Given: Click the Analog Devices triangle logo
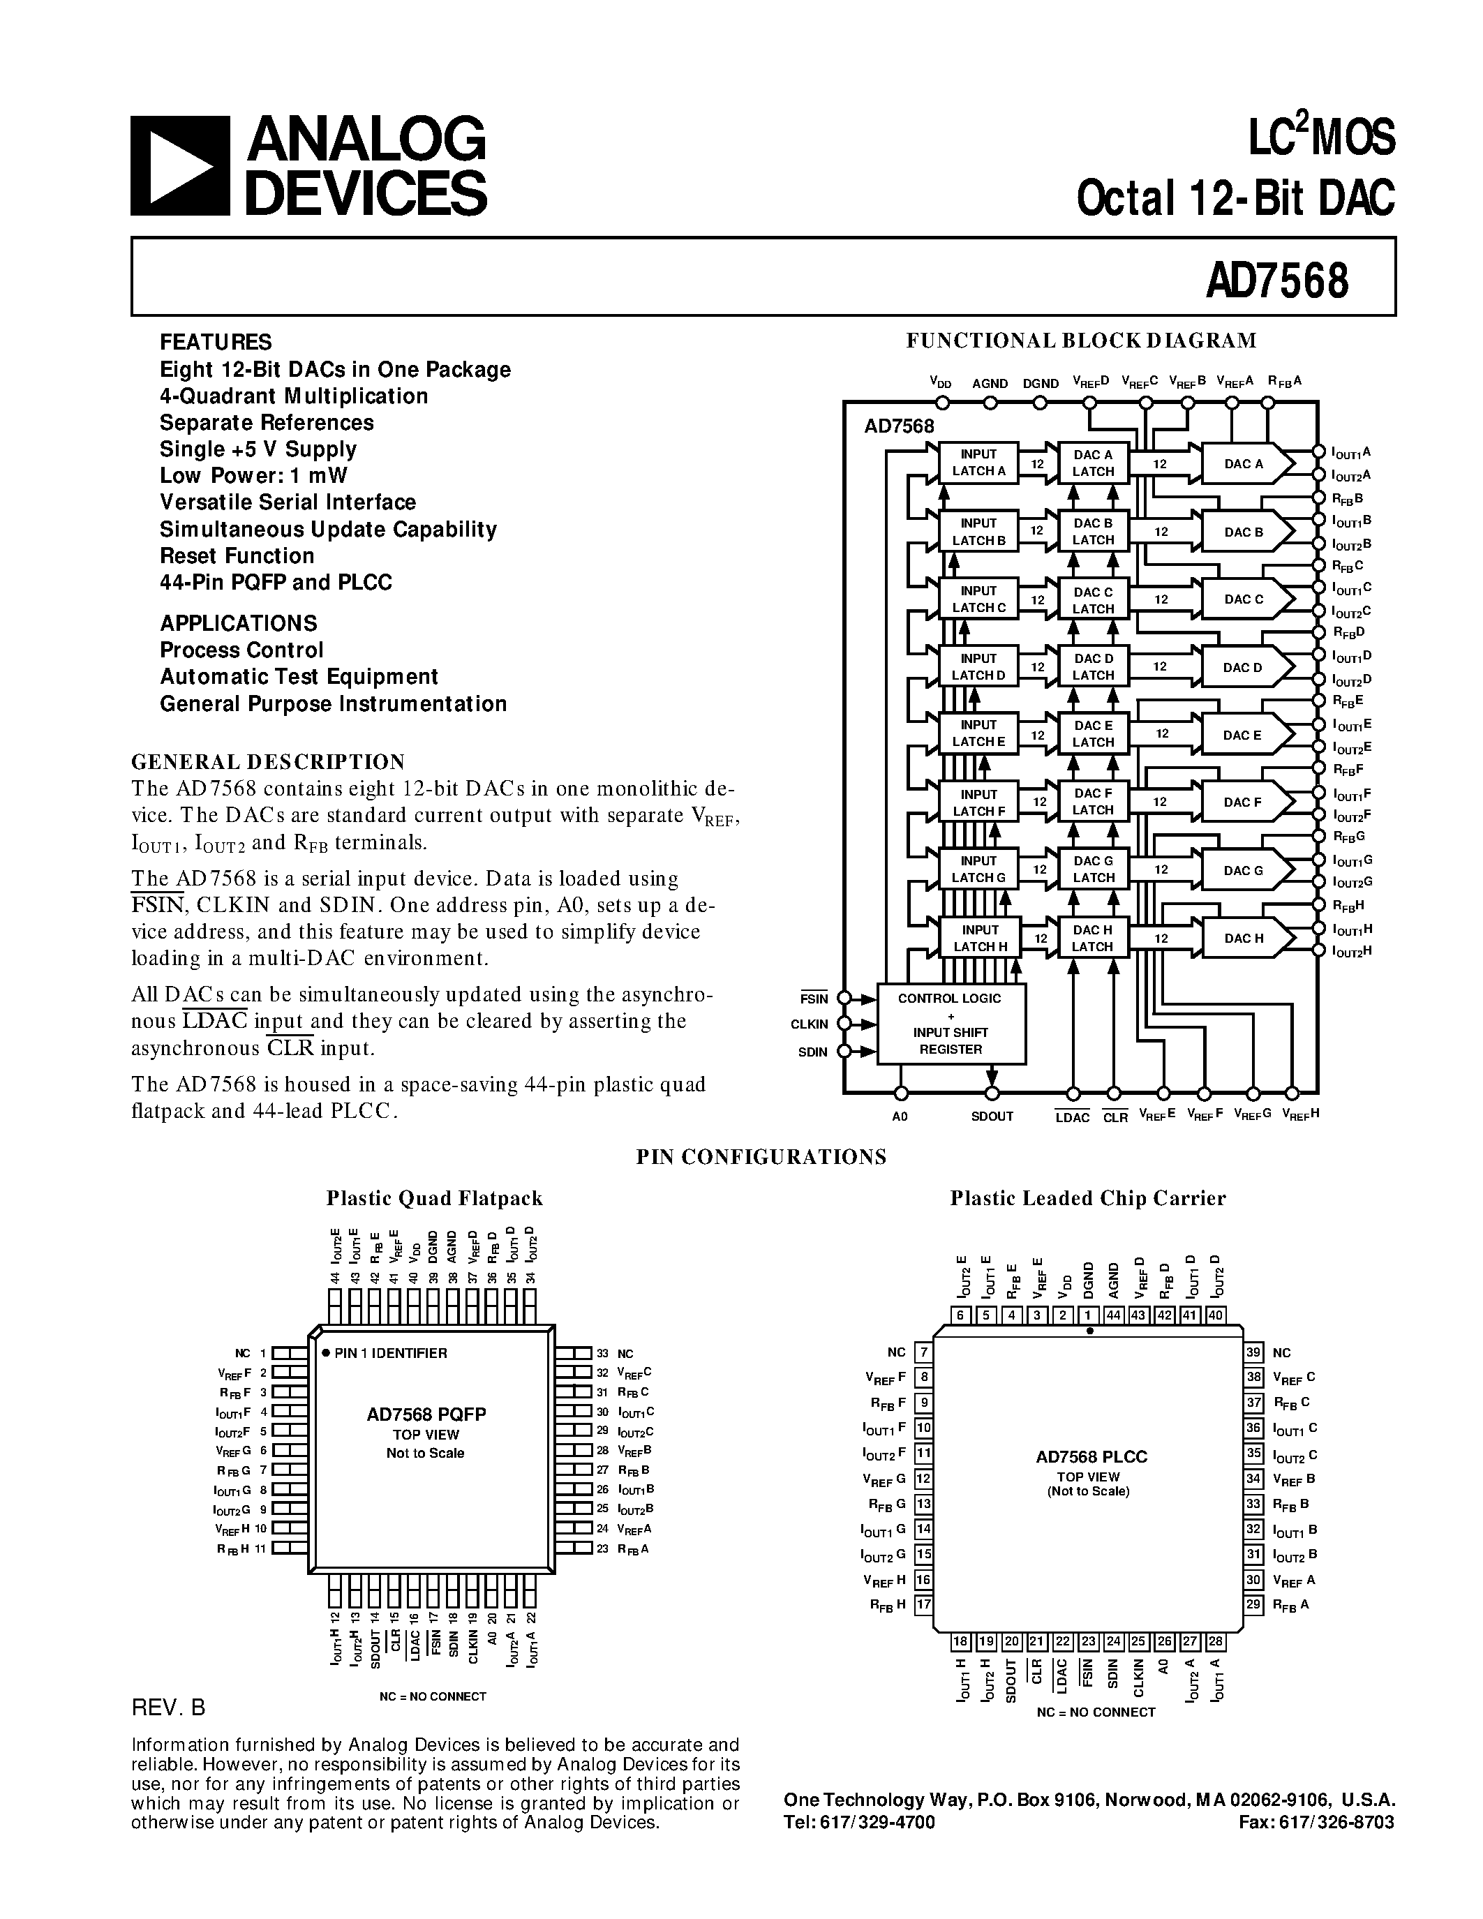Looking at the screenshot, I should [180, 166].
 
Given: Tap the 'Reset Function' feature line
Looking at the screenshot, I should [237, 556].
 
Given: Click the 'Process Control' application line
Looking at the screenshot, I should [241, 650].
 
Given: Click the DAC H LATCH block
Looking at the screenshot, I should [1092, 939].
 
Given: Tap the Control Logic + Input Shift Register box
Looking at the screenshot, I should [951, 1024].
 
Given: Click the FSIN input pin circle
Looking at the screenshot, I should [844, 997].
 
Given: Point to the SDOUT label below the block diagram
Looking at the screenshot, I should [992, 1117].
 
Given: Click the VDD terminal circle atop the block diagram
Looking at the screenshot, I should [943, 403].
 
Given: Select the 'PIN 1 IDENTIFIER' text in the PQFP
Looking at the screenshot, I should [390, 1353].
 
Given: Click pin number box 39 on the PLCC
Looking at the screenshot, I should [1253, 1352].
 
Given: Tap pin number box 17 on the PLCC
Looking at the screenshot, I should [923, 1604].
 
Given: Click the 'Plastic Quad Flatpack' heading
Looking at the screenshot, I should [434, 1198].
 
